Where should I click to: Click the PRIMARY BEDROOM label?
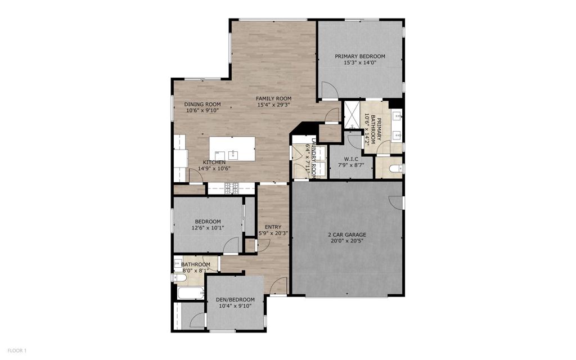tap(360, 56)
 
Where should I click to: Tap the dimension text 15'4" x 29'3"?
tap(273, 105)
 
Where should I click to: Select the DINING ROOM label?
tap(202, 104)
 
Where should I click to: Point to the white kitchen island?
tap(231, 148)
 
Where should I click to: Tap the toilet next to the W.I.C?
tap(397, 168)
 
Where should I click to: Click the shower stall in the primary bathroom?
tap(352, 114)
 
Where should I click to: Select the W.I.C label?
tap(351, 159)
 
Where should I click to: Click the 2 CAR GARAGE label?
tap(347, 235)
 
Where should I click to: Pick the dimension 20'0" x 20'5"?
tap(347, 241)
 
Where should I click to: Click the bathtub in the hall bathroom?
tap(188, 293)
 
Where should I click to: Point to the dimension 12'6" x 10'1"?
tap(208, 228)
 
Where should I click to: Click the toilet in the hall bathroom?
tap(181, 277)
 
